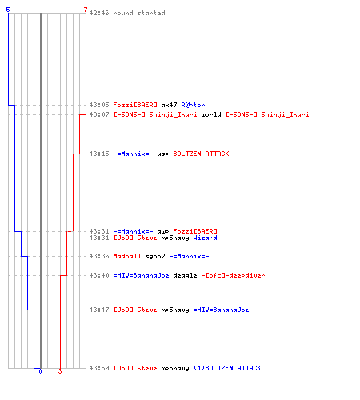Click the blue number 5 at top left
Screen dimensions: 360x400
[8, 10]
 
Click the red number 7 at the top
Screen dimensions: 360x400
[86, 10]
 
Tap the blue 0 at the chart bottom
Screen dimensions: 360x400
[40, 371]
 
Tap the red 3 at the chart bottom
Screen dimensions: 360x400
[60, 371]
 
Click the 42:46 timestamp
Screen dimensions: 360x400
[99, 13]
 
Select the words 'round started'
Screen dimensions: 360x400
[139, 13]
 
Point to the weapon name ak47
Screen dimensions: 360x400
[169, 105]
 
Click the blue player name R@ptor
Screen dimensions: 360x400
[193, 105]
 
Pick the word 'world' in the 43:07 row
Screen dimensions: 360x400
[211, 114]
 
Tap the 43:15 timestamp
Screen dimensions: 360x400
[99, 154]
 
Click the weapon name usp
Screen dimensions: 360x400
[163, 154]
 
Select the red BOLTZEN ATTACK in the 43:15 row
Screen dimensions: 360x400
[201, 154]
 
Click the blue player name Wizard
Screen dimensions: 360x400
[205, 238]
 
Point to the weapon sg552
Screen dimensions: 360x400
[155, 257]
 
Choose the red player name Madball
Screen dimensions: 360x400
[127, 256]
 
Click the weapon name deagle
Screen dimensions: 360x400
[185, 276]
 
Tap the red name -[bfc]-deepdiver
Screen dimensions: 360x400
[233, 275]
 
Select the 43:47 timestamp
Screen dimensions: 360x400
[99, 310]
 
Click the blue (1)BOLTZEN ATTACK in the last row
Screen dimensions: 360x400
[227, 368]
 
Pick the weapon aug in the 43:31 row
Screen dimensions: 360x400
[163, 232]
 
